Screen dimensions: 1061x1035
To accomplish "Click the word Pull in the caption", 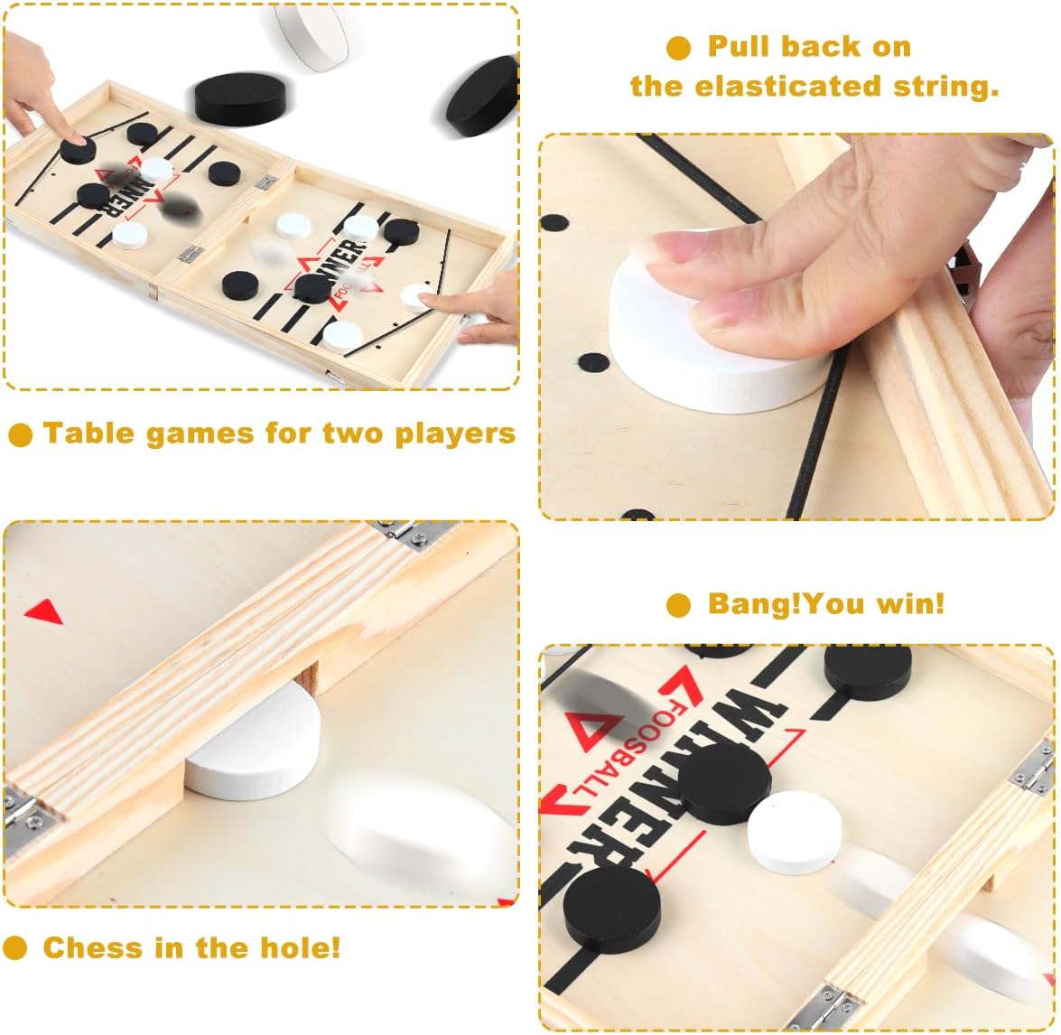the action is click(739, 47).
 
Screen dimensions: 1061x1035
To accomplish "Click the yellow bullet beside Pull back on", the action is click(679, 48).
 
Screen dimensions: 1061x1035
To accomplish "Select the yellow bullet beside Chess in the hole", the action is click(14, 948).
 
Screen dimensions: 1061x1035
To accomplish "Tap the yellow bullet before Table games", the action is click(20, 434).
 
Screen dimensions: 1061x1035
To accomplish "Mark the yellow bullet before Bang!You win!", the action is click(679, 604).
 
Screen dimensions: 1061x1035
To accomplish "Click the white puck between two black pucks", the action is click(795, 832).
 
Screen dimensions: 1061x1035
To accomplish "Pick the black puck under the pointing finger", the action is click(77, 150).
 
